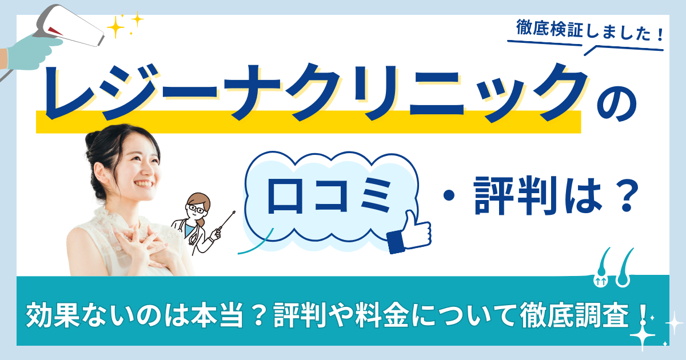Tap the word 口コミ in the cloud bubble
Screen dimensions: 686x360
pos(329,196)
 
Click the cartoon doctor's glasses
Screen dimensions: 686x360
pos(196,209)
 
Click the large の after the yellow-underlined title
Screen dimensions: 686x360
pos(616,106)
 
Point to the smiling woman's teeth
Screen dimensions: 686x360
pos(143,184)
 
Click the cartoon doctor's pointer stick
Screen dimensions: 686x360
pos(226,220)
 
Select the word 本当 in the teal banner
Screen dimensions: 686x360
pos(217,315)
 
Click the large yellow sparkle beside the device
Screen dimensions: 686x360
pos(115,27)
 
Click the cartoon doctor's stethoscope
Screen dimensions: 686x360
pos(188,232)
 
